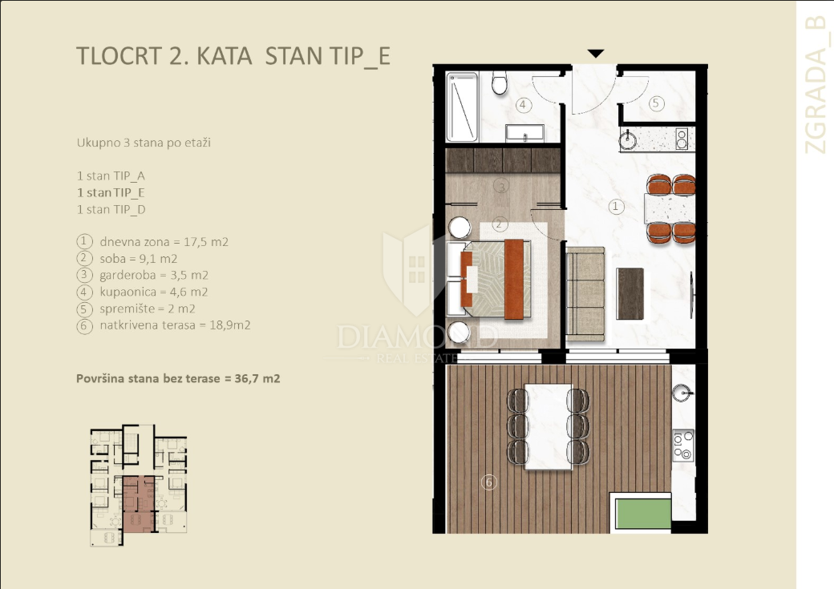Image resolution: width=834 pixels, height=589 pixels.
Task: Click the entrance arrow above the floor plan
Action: tap(595, 54)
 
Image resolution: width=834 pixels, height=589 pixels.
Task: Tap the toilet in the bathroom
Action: tap(500, 82)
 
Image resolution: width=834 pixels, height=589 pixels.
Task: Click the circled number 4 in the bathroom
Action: tap(522, 104)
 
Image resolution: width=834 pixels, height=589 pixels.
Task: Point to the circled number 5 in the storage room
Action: tap(655, 103)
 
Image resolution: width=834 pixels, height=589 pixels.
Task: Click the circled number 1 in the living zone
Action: tap(616, 207)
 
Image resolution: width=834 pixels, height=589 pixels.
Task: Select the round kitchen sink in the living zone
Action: tap(628, 141)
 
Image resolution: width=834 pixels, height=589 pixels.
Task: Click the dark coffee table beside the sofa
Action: tap(630, 293)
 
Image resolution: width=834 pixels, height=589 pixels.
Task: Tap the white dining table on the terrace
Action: tap(548, 425)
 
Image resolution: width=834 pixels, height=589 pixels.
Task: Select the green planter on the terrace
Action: tap(642, 513)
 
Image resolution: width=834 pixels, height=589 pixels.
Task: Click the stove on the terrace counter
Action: tap(683, 445)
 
